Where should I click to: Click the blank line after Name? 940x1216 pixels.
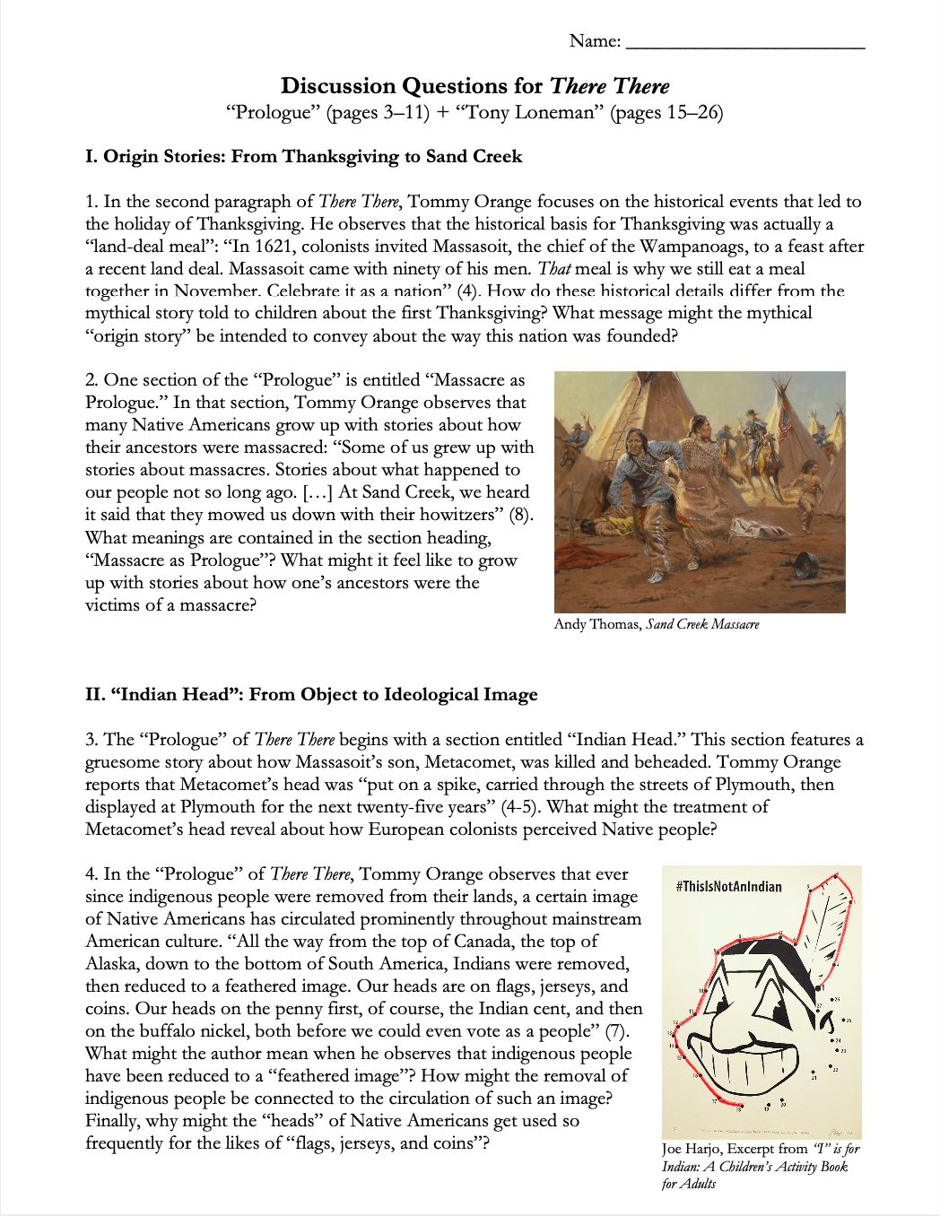[744, 42]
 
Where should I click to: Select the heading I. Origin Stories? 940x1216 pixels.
[303, 156]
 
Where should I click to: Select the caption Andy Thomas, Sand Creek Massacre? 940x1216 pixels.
[656, 624]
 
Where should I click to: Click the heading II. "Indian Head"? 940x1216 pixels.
[311, 694]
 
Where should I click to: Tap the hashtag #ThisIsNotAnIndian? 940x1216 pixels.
[728, 887]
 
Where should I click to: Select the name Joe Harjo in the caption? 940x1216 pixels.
[690, 1149]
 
